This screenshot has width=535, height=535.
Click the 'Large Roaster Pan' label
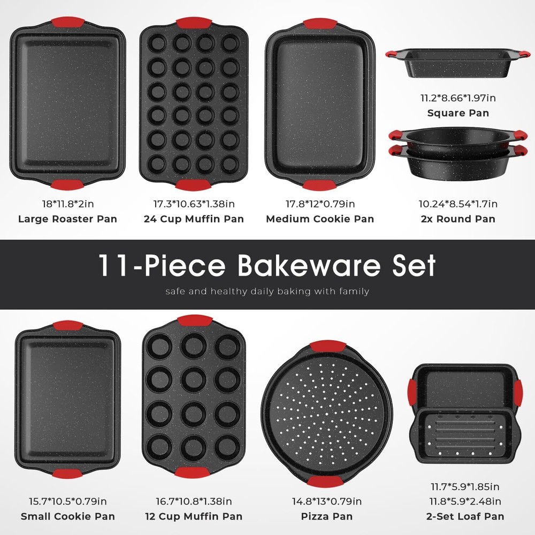pyautogui.click(x=67, y=219)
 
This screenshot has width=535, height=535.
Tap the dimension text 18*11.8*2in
pyautogui.click(x=67, y=203)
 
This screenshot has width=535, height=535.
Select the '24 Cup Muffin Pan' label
pyautogui.click(x=194, y=219)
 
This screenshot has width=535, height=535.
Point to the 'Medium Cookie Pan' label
pyautogui.click(x=320, y=219)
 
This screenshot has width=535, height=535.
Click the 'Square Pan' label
pyautogui.click(x=458, y=113)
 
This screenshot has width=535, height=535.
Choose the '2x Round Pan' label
pyautogui.click(x=458, y=219)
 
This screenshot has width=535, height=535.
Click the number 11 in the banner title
pyautogui.click(x=111, y=266)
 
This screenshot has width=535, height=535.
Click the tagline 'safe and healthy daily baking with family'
pyautogui.click(x=267, y=292)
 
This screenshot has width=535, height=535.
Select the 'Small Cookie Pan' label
pyautogui.click(x=67, y=516)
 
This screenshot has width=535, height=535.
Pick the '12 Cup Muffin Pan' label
pyautogui.click(x=194, y=516)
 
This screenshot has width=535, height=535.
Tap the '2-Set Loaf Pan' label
pyautogui.click(x=458, y=516)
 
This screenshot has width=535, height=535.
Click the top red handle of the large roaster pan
pyautogui.click(x=67, y=24)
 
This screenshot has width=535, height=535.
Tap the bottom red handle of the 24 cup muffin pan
pyautogui.click(x=194, y=185)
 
